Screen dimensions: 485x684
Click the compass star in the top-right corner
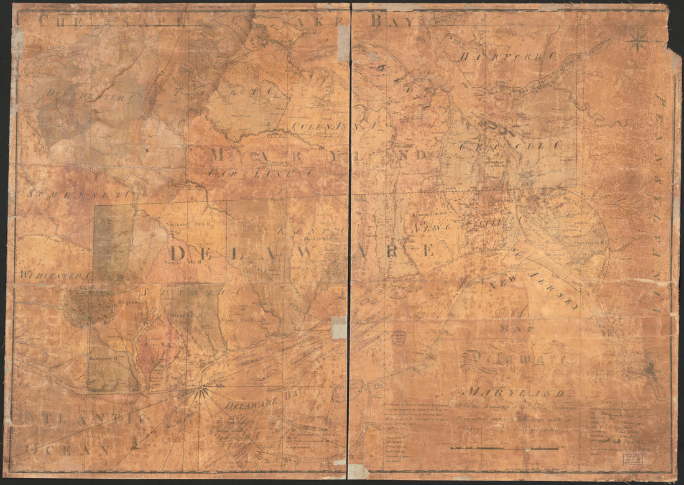point(638,41)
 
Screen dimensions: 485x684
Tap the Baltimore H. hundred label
point(103,359)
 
